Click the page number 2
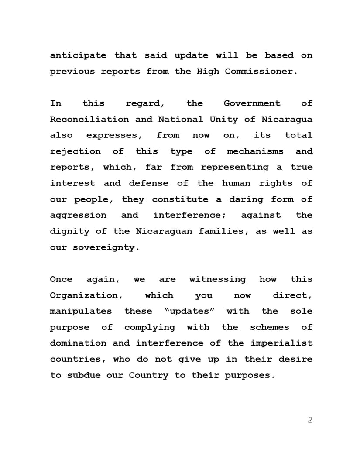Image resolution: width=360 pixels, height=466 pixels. (x=310, y=420)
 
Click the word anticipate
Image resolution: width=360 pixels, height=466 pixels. (x=78, y=55)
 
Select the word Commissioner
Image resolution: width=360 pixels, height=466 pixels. (x=261, y=72)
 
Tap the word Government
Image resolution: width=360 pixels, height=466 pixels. (x=252, y=103)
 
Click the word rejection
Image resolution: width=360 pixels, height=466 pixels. (x=75, y=151)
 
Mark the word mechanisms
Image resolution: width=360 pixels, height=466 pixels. (x=255, y=151)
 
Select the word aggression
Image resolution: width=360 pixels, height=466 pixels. (x=78, y=215)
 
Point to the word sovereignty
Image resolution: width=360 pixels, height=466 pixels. (x=106, y=247)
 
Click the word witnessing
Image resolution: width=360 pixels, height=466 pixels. (x=217, y=279)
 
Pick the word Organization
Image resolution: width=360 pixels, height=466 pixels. (x=86, y=295)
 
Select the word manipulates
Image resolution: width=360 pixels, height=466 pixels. (x=81, y=311)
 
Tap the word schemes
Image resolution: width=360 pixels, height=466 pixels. (x=269, y=327)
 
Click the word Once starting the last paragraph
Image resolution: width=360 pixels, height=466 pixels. (x=61, y=279)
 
